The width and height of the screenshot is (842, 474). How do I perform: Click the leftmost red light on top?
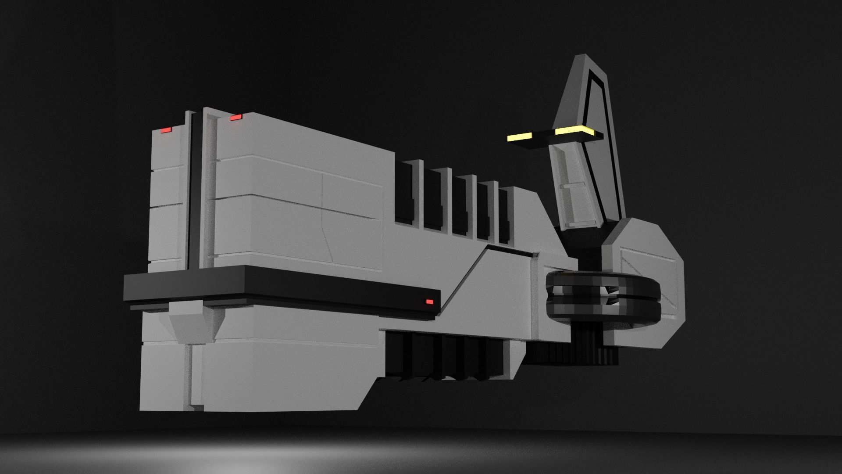[x=166, y=130]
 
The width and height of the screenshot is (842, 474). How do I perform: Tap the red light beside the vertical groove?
[x=236, y=117]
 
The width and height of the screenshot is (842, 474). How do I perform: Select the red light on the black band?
[x=429, y=302]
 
